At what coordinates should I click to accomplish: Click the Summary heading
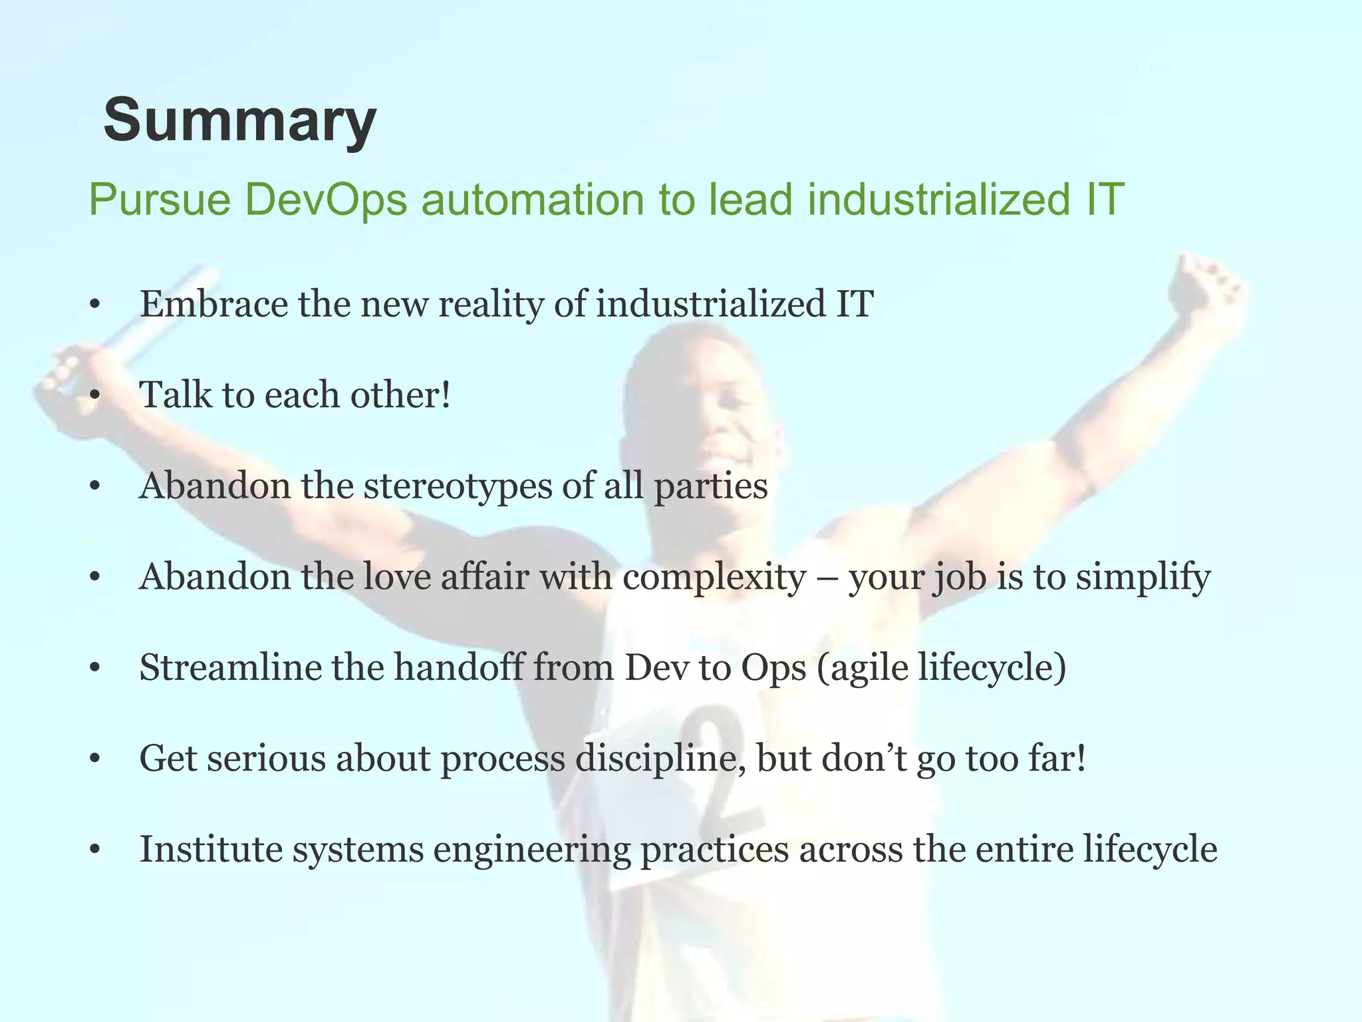[240, 120]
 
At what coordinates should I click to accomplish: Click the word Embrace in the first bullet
[213, 304]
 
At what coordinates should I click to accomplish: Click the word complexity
[714, 578]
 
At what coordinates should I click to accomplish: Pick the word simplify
[1143, 578]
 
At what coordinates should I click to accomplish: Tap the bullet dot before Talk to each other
[94, 396]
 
